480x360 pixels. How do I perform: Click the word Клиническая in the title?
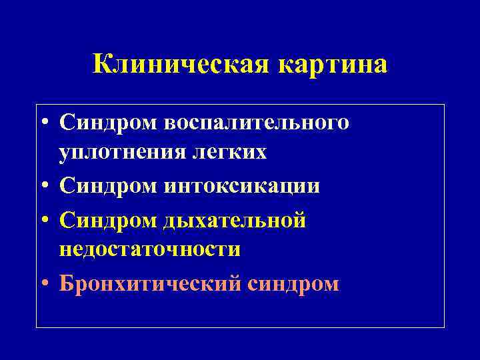tap(179, 65)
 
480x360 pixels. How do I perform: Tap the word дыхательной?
tap(235, 219)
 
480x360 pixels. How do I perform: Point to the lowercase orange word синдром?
tap(294, 283)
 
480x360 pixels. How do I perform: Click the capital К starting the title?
tap(103, 65)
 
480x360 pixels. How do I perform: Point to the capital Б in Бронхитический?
tap(66, 283)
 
